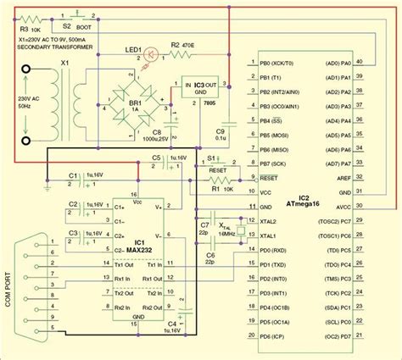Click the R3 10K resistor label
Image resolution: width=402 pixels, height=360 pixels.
coord(16,30)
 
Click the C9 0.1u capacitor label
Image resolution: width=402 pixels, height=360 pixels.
coord(219,136)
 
